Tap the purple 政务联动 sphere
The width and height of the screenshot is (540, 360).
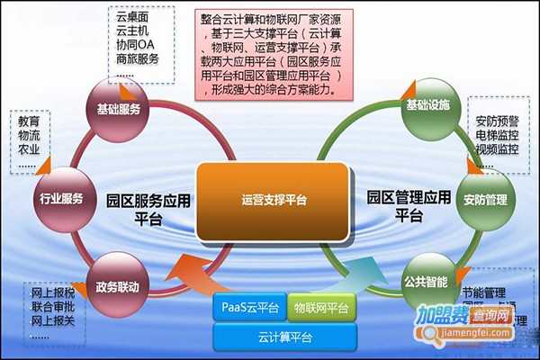tap(118, 285)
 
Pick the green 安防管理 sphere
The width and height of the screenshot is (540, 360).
tap(484, 197)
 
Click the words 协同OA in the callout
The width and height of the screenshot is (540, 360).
tap(136, 44)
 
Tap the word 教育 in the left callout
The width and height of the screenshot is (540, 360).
tap(29, 120)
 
